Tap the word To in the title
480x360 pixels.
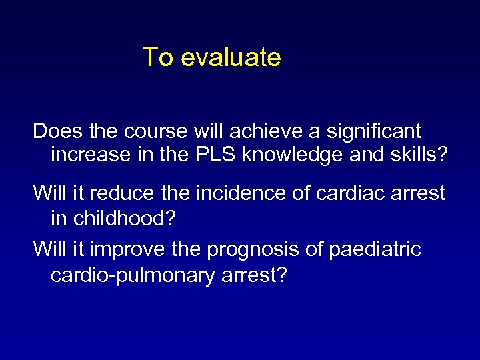(158, 57)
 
